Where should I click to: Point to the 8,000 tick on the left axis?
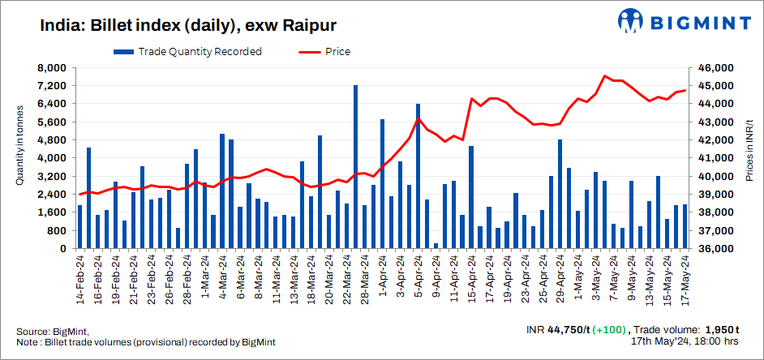pyautogui.click(x=50, y=68)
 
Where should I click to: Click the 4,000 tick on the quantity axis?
pyautogui.click(x=50, y=158)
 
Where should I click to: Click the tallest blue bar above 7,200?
pyautogui.click(x=355, y=166)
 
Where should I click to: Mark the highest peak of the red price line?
pyautogui.click(x=605, y=75)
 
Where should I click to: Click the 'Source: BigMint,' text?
pyautogui.click(x=53, y=332)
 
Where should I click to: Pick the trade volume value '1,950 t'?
pyautogui.click(x=720, y=330)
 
